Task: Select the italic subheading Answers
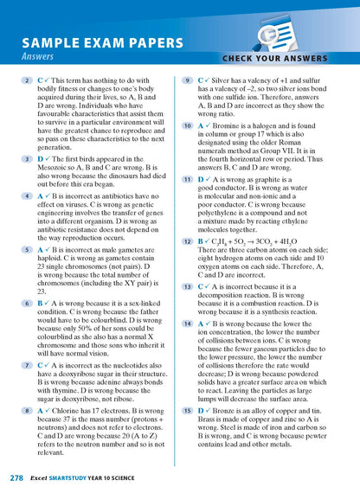40,58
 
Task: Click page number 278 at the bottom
16,477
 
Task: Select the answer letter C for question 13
201,286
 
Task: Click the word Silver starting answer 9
230,80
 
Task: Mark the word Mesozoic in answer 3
56,169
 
